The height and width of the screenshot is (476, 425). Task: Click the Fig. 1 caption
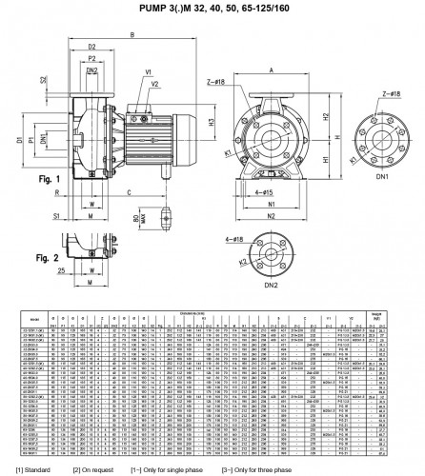[50, 179]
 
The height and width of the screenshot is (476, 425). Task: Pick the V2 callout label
[154, 83]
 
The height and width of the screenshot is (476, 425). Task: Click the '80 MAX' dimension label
[138, 218]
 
